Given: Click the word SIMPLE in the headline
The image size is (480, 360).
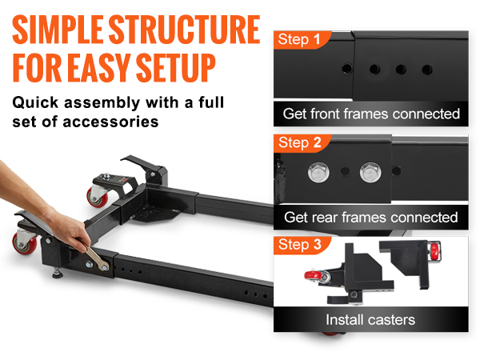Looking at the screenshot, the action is [58, 30].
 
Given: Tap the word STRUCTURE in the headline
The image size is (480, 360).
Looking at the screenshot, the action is [184, 30].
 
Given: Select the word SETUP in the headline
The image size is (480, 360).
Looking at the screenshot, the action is [176, 68].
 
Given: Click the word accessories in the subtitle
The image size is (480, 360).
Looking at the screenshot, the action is [110, 122].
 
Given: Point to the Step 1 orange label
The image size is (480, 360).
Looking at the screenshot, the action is [299, 40].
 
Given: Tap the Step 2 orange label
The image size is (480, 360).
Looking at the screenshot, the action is [299, 143].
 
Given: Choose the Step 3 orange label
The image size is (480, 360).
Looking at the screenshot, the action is [299, 245].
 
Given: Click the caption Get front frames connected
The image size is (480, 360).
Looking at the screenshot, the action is [371, 114].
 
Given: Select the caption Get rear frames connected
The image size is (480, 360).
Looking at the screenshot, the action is [371, 218].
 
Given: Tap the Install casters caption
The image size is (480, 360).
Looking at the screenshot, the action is [370, 320].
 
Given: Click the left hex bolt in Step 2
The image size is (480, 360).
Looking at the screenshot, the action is [318, 172].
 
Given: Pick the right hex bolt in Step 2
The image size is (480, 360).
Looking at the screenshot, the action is [370, 172].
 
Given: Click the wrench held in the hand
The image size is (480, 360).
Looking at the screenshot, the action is [95, 257].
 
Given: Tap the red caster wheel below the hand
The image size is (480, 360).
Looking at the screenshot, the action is [24, 243].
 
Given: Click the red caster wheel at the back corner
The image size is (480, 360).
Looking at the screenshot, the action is [98, 197].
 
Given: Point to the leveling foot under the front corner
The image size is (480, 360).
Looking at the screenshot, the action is [58, 273].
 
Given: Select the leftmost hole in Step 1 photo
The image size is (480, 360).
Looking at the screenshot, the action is [347, 68].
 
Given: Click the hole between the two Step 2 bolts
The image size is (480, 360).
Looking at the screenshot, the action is [346, 171].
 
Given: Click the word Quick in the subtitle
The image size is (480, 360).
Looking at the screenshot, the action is [35, 103].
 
